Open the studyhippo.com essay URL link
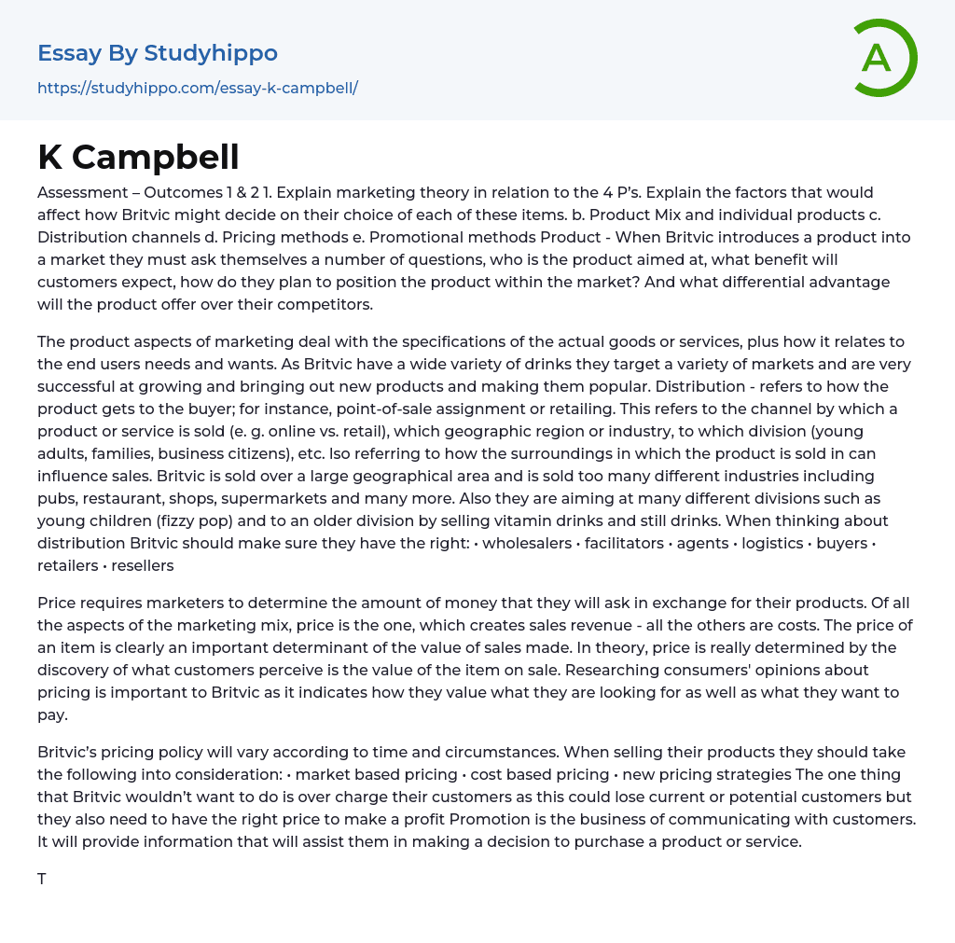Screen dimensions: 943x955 tap(198, 88)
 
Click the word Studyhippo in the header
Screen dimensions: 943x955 tap(211, 53)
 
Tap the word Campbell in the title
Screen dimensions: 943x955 tap(156, 158)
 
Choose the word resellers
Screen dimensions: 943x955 tap(142, 565)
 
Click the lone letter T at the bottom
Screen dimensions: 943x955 tap(42, 879)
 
